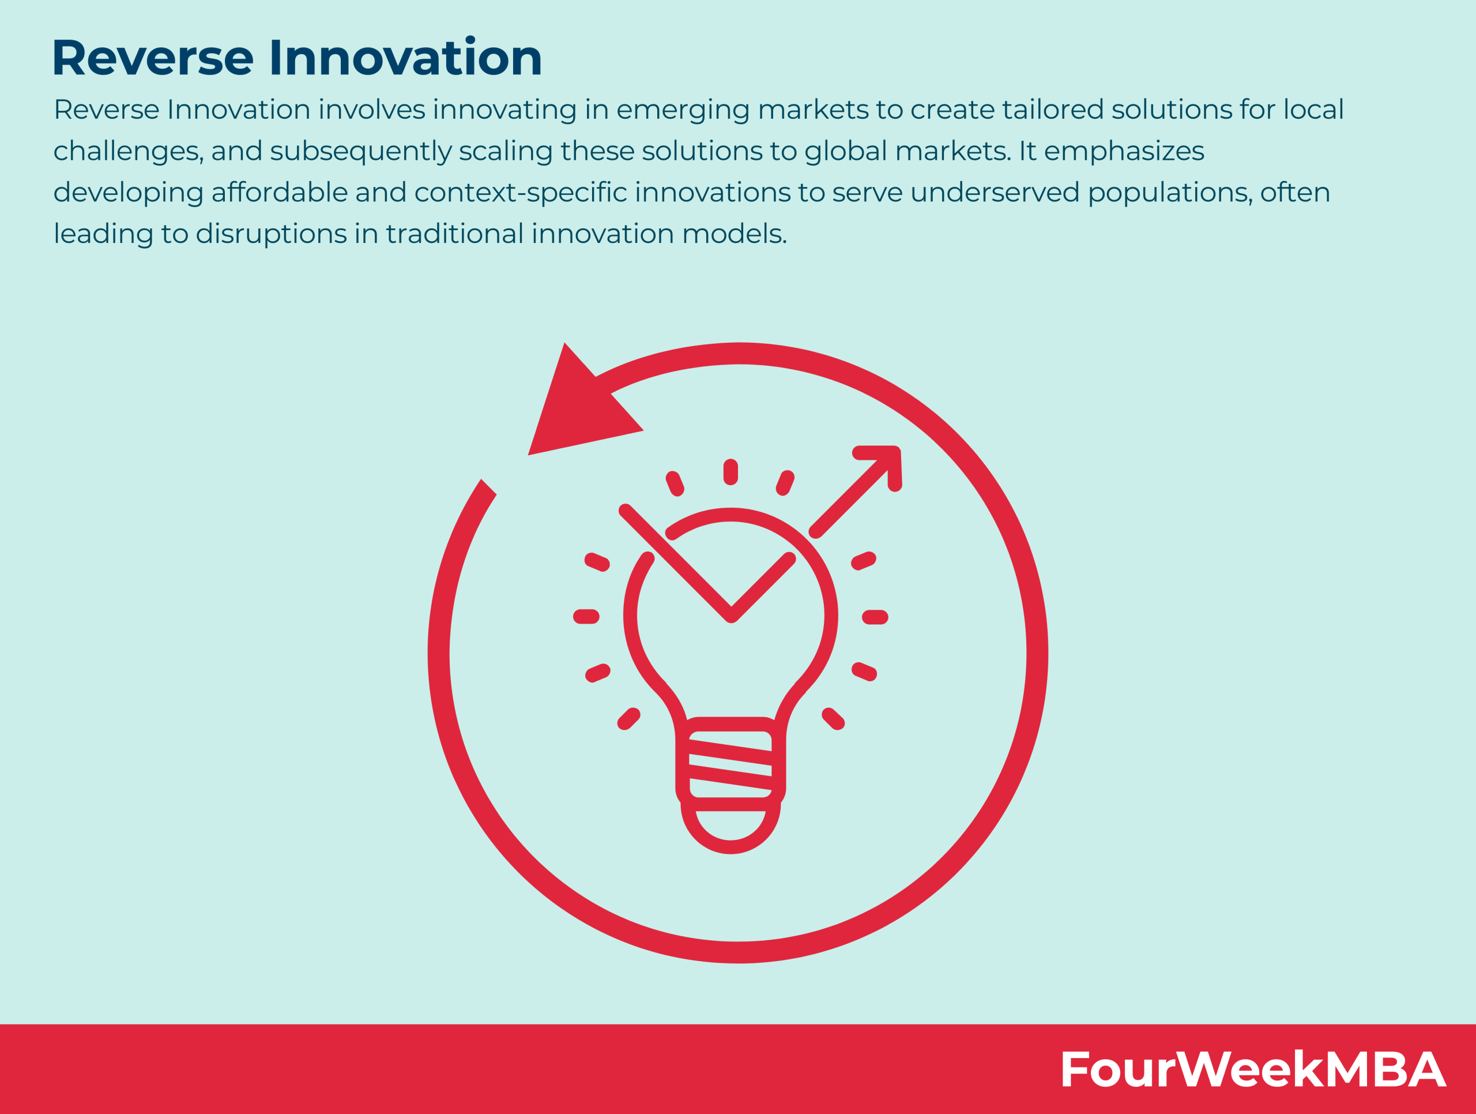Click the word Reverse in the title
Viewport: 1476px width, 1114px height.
153,58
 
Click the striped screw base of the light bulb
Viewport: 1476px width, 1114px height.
731,764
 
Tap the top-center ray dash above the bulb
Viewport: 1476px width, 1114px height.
731,472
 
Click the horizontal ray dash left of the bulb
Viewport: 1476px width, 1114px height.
586,617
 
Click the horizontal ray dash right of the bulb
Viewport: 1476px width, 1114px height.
875,617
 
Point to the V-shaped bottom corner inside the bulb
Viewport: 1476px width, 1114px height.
731,616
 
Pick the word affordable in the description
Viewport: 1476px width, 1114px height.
280,193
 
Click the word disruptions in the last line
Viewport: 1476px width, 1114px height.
270,234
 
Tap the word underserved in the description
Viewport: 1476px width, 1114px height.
994,193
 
